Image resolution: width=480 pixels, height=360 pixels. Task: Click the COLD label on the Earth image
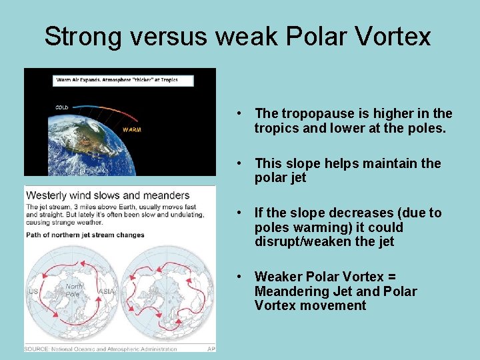(x=61, y=107)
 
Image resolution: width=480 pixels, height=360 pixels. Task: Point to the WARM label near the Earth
(x=131, y=129)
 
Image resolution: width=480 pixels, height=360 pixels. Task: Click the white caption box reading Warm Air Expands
(x=123, y=80)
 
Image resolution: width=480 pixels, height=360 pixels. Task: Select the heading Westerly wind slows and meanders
(x=108, y=195)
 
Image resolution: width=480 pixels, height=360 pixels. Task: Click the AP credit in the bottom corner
(x=210, y=348)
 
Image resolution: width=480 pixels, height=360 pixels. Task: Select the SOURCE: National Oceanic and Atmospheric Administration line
(x=101, y=348)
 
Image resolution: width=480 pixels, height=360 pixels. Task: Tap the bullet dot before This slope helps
(x=246, y=163)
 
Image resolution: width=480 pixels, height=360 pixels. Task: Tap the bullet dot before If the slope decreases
(x=246, y=213)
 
